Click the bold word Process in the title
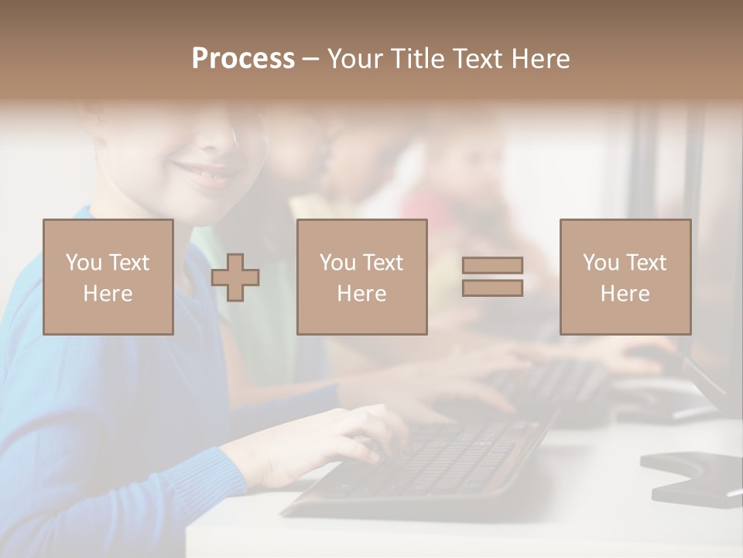(243, 59)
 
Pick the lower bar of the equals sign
(492, 288)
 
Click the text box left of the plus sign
(108, 277)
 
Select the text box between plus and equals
(361, 277)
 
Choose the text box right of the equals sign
(625, 277)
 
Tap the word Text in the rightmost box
(644, 263)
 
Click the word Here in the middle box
(361, 294)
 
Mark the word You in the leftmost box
(84, 263)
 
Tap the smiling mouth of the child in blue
(203, 173)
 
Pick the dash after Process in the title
(310, 59)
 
